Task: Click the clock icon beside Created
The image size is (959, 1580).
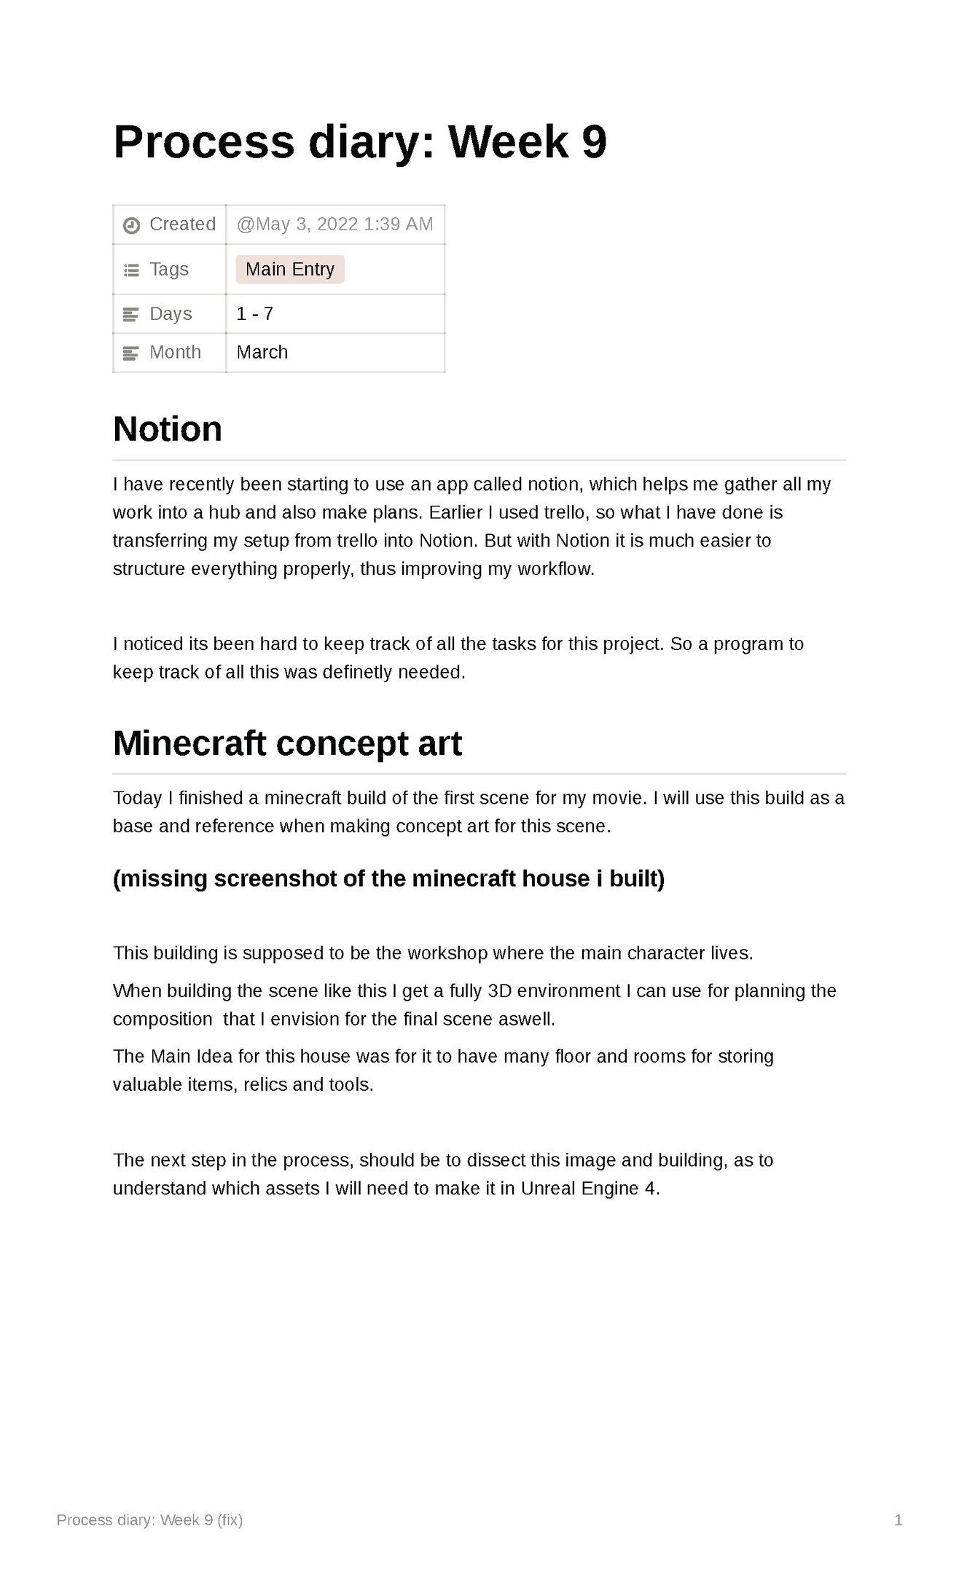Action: pyautogui.click(x=131, y=225)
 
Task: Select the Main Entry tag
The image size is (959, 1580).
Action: pyautogui.click(x=290, y=270)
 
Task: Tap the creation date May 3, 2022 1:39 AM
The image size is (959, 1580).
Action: pyautogui.click(x=335, y=224)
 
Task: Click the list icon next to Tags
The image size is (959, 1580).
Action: pyautogui.click(x=131, y=270)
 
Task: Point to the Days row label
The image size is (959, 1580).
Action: pyautogui.click(x=171, y=314)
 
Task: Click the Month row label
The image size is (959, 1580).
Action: pyautogui.click(x=175, y=353)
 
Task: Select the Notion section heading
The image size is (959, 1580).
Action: pyautogui.click(x=168, y=429)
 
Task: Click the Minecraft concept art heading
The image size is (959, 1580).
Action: pyautogui.click(x=287, y=744)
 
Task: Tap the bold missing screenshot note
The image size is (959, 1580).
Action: pyautogui.click(x=388, y=879)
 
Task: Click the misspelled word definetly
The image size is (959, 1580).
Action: pyautogui.click(x=357, y=673)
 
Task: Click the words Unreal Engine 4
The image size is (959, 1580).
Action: pyautogui.click(x=589, y=1189)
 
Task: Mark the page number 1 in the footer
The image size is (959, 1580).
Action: pyautogui.click(x=898, y=1520)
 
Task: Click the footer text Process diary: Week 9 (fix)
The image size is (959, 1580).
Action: pyautogui.click(x=149, y=1520)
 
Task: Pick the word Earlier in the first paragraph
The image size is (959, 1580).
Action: pyautogui.click(x=455, y=513)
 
